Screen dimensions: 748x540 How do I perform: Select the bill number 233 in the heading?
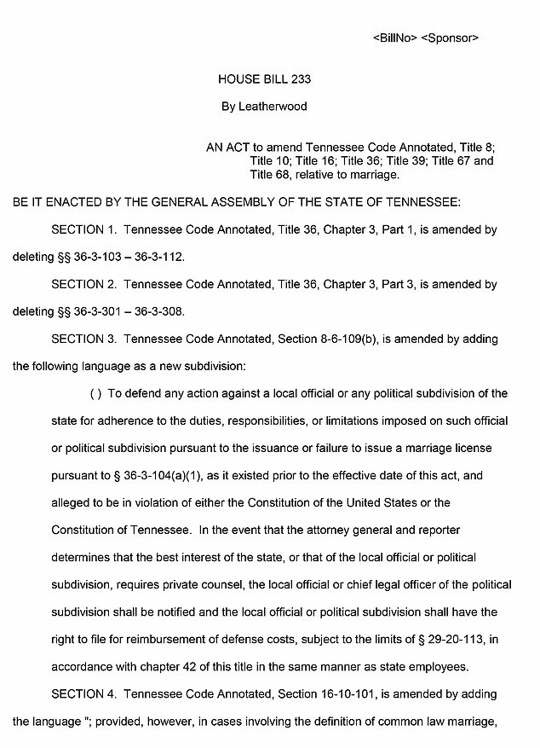pyautogui.click(x=300, y=79)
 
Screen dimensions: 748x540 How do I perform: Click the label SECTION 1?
pyautogui.click(x=83, y=229)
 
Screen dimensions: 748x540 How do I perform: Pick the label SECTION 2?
pyautogui.click(x=83, y=284)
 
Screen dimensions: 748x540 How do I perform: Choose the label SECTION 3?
pyautogui.click(x=83, y=339)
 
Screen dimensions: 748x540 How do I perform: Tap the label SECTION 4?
pyautogui.click(x=83, y=693)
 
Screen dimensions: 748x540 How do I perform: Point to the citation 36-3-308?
pyautogui.click(x=158, y=311)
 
